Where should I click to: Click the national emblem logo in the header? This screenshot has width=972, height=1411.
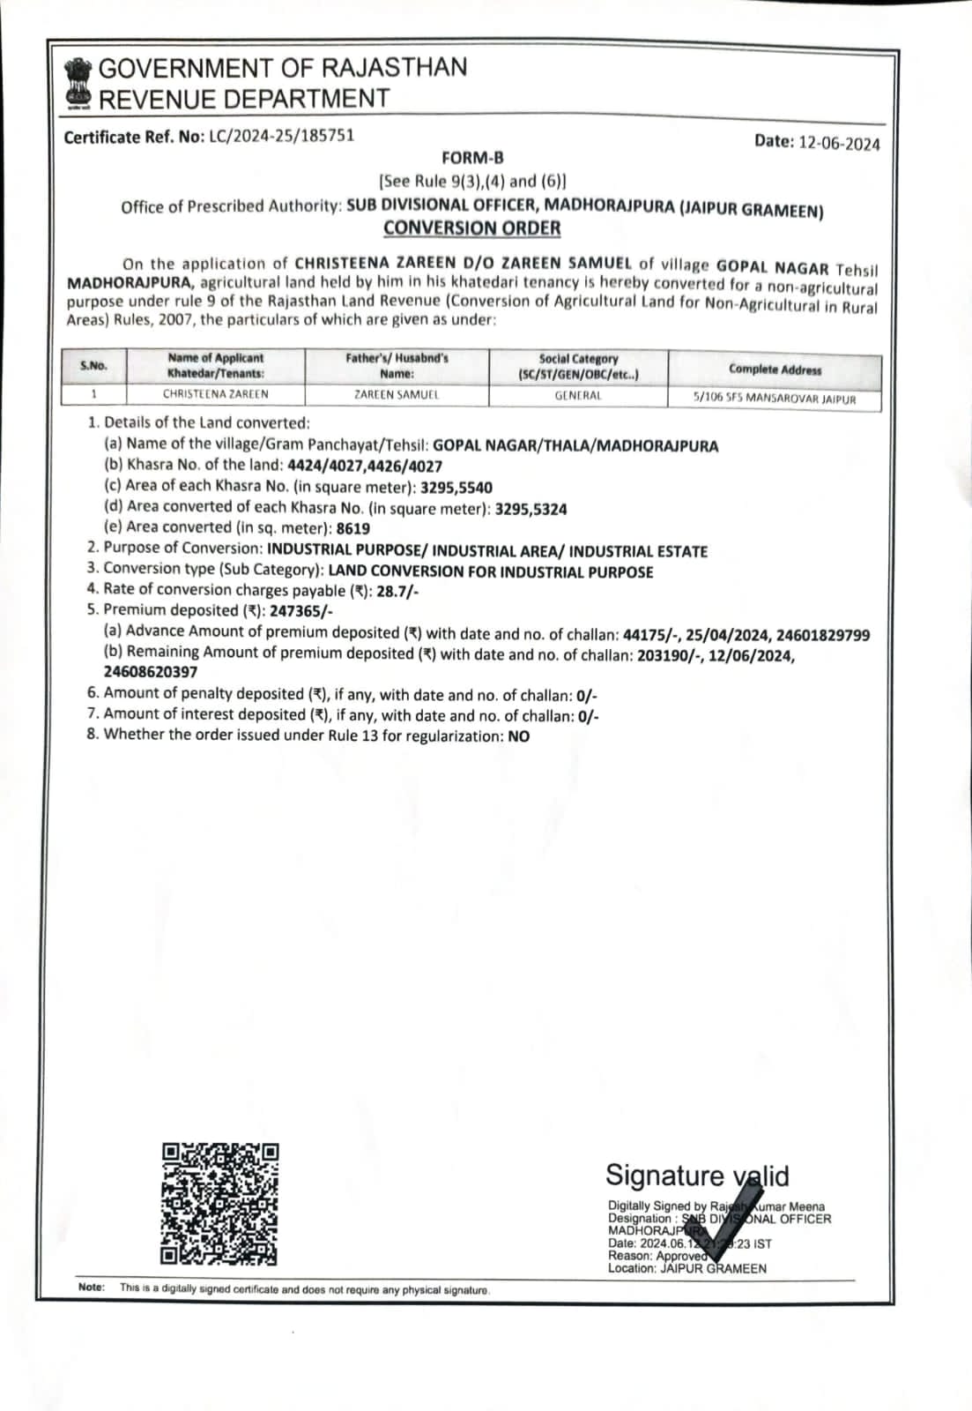(x=78, y=83)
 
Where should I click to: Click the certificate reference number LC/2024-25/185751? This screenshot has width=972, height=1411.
(x=281, y=136)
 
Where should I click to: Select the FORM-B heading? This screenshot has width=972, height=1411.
(x=472, y=159)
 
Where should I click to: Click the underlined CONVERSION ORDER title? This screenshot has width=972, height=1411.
(x=471, y=228)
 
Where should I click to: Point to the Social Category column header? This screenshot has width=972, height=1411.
(x=578, y=366)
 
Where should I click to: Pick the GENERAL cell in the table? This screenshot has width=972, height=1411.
(x=578, y=396)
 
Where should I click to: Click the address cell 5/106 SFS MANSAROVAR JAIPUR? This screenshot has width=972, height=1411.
(x=775, y=399)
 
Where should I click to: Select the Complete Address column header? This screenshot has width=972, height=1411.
(x=775, y=370)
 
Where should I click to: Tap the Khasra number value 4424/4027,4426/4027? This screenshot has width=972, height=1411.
(x=365, y=466)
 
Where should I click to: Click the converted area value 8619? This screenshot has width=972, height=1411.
(x=353, y=529)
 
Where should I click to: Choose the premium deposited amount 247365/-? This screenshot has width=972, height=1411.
(x=301, y=611)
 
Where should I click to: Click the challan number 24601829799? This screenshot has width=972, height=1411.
(x=820, y=635)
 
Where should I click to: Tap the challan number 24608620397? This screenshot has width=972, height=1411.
(x=151, y=672)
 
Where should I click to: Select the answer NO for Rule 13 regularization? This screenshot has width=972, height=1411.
(x=519, y=736)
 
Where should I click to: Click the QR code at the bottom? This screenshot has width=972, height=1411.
(x=219, y=1203)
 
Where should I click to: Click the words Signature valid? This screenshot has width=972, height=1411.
(x=696, y=1176)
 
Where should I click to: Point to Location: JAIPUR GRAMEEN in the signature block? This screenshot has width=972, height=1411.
(x=686, y=1269)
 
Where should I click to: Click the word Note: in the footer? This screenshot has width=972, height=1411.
(x=91, y=1288)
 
